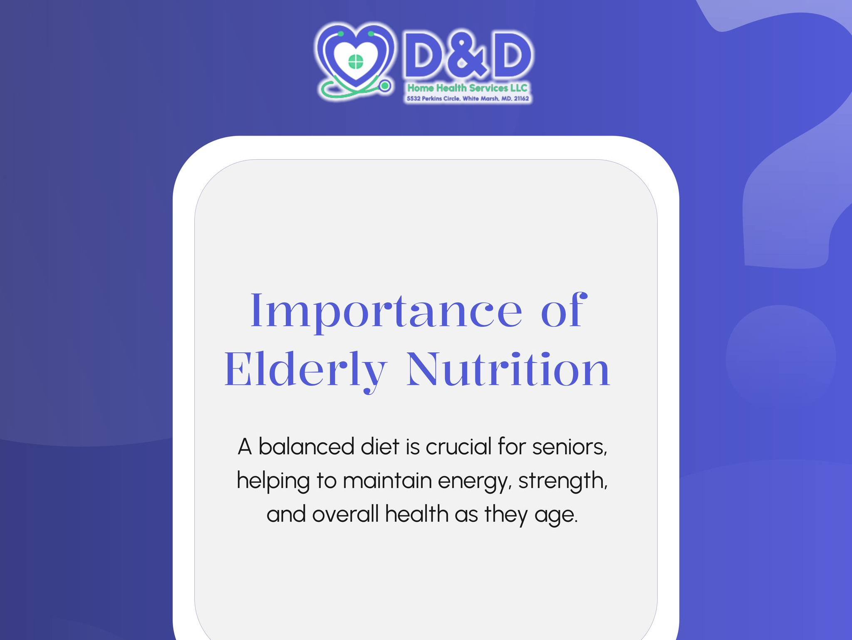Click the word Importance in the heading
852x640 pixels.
[x=386, y=311]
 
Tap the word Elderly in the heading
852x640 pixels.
[x=306, y=370]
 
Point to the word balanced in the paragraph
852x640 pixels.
[x=306, y=447]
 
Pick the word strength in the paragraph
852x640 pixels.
[x=563, y=482]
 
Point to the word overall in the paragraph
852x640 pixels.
[x=346, y=514]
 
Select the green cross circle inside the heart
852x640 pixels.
[x=355, y=62]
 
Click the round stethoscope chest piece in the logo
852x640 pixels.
[x=385, y=86]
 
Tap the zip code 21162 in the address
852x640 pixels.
[x=521, y=99]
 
